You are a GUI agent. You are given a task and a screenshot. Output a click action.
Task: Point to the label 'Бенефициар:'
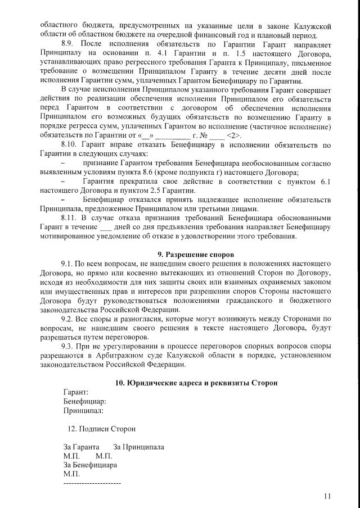(85, 401)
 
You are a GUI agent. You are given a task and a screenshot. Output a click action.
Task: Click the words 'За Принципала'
(139, 447)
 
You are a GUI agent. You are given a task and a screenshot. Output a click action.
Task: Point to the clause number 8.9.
(68, 43)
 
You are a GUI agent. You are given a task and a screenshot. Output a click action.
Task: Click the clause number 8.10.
(70, 146)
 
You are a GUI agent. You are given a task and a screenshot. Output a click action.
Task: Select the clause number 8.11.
(70, 216)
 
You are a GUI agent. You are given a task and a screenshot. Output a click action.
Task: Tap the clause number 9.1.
(68, 264)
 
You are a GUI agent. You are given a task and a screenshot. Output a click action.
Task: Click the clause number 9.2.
(68, 319)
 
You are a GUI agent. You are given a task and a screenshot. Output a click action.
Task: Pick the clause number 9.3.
(68, 346)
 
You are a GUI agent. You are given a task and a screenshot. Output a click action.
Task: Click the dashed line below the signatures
(92, 483)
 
